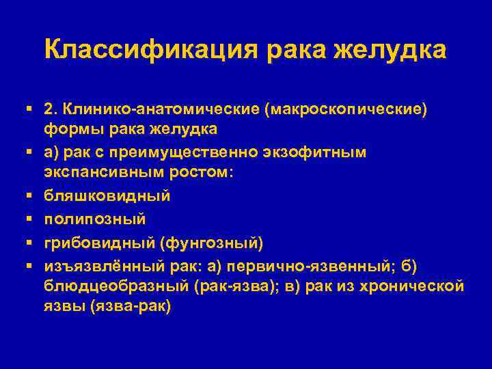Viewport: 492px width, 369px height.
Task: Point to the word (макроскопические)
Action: coord(327,110)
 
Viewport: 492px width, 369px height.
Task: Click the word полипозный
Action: coord(94,219)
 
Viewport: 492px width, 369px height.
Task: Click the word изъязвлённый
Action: coord(99,264)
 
